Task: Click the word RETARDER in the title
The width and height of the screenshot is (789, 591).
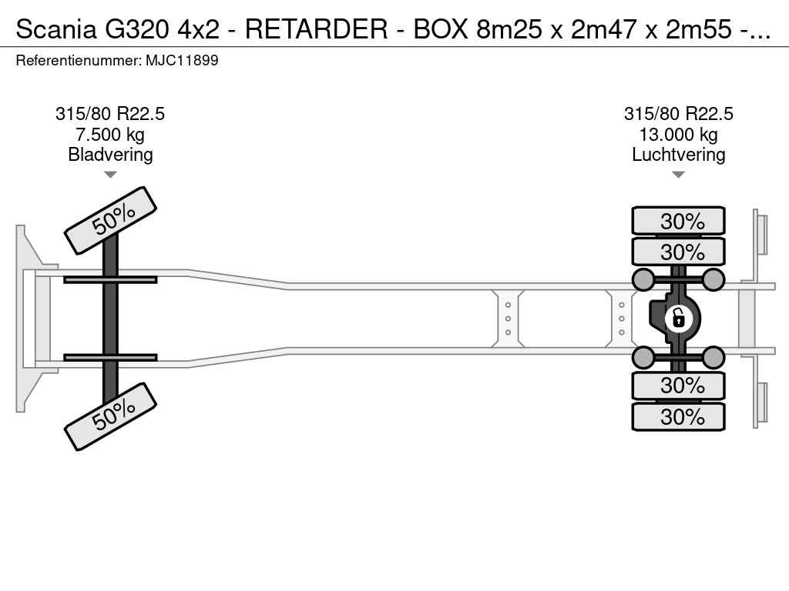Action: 317,29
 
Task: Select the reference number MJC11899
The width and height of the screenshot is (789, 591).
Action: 182,61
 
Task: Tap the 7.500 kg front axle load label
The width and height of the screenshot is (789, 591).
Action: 110,135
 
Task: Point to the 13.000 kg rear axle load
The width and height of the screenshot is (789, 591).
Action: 678,135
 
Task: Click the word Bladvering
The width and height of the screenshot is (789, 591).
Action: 110,155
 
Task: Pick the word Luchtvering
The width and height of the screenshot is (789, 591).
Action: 678,155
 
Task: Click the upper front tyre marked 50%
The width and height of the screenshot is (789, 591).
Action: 111,221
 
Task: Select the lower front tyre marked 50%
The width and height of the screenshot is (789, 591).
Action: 111,416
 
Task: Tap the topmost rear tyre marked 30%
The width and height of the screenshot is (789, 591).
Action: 678,221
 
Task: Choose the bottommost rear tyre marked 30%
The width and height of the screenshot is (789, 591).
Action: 678,416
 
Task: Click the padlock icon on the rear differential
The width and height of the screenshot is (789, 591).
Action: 678,318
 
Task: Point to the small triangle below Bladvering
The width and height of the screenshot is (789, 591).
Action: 110,175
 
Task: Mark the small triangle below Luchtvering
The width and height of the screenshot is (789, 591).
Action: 678,175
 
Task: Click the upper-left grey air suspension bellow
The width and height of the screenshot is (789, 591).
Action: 643,279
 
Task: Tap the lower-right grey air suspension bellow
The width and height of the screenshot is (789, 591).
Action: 713,357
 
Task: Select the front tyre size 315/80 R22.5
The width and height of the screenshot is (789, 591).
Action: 110,114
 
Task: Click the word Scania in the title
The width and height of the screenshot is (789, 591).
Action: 56,29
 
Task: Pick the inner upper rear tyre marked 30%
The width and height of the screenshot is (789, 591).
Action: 678,252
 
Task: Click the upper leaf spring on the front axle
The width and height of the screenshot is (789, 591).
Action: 110,279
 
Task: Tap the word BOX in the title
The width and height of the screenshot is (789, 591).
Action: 441,29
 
